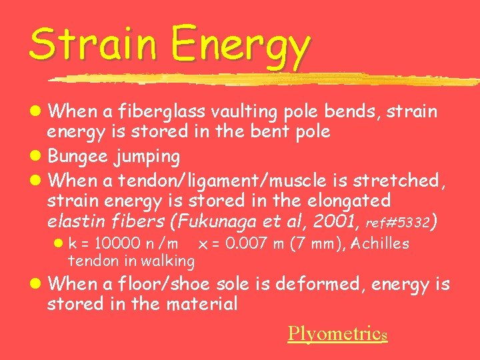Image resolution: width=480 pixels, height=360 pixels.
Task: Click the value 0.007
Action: [249, 244]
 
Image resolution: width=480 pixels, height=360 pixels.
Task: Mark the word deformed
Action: [313, 284]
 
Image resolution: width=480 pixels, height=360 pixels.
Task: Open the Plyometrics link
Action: [337, 333]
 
